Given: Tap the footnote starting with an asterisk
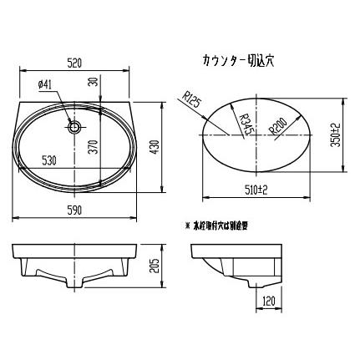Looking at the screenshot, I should coord(222,226).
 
